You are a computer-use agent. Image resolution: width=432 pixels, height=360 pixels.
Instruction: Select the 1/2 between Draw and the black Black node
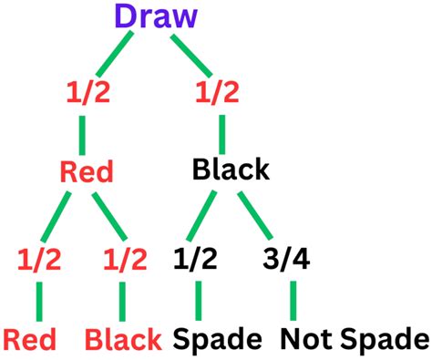pyautogui.click(x=218, y=93)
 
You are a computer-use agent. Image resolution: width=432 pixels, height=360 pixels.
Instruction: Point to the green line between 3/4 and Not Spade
pyautogui.click(x=293, y=300)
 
